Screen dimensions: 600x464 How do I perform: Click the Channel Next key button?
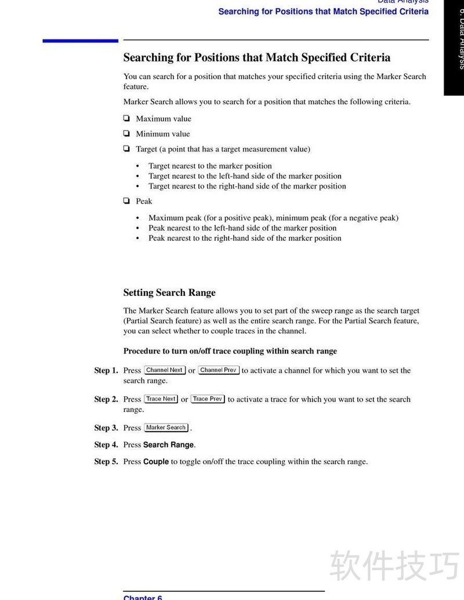[165, 370]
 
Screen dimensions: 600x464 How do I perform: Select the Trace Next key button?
[161, 399]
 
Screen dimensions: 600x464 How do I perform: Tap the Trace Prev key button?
[208, 399]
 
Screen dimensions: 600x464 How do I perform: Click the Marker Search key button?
[166, 428]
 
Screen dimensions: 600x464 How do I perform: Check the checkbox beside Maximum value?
[126, 118]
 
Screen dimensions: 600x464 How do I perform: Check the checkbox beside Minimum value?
[126, 133]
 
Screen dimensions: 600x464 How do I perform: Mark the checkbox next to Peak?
[126, 201]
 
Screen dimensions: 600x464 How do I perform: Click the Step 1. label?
[106, 370]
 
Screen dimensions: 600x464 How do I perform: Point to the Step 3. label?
[106, 428]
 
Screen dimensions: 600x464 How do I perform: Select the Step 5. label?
[106, 462]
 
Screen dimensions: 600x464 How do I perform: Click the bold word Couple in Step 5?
[156, 462]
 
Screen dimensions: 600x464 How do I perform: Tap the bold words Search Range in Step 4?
[169, 445]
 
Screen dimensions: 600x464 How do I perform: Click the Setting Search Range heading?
[169, 292]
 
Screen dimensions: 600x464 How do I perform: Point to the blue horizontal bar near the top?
[80, 41]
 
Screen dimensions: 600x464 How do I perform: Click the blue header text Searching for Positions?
[323, 12]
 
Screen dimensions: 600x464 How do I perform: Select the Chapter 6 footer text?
[143, 597]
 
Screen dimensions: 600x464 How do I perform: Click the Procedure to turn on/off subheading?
[230, 351]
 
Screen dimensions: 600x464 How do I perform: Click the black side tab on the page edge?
[454, 46]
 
